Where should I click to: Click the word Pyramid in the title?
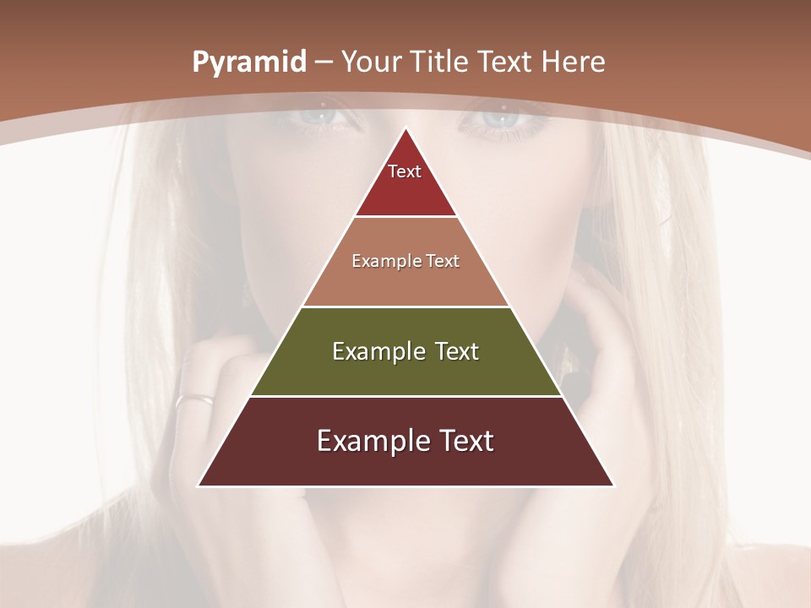(x=248, y=62)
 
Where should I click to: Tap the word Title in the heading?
(x=440, y=62)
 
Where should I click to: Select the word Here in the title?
(x=574, y=62)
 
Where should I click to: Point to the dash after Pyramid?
(x=323, y=62)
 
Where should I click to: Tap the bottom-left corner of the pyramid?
(x=199, y=485)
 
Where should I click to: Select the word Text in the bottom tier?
(x=465, y=441)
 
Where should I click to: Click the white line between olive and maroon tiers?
(x=405, y=396)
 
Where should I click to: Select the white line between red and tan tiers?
(x=405, y=217)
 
